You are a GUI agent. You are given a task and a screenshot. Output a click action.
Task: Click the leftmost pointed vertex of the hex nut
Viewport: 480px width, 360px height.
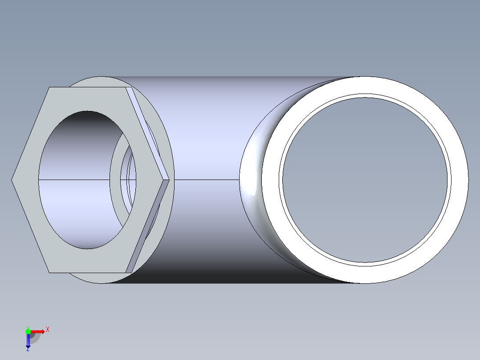pos(12,180)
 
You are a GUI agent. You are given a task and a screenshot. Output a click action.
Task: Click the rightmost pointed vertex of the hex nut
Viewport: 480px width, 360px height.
pos(170,180)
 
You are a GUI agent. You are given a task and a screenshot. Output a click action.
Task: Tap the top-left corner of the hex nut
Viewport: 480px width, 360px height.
pos(49,87)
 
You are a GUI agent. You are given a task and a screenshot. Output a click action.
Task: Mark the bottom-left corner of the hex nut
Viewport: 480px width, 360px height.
pos(49,272)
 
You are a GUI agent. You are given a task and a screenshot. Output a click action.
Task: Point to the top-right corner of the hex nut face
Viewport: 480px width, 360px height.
pos(126,87)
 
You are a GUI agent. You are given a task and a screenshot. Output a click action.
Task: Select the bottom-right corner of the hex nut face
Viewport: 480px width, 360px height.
pos(126,272)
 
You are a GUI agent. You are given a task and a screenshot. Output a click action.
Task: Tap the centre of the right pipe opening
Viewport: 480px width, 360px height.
pos(365,180)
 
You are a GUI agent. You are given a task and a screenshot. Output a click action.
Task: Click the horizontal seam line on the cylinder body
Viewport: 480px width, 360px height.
pos(205,180)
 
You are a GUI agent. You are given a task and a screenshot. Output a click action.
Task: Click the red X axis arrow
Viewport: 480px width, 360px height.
pos(38,331)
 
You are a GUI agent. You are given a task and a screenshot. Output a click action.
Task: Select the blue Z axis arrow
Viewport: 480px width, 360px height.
pos(28,340)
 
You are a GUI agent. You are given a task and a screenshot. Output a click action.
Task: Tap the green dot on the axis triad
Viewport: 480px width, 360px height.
pos(28,331)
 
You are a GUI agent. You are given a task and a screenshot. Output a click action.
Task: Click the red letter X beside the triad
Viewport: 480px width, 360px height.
pos(47,330)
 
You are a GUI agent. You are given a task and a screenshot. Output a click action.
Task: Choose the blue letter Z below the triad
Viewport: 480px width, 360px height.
pos(28,349)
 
